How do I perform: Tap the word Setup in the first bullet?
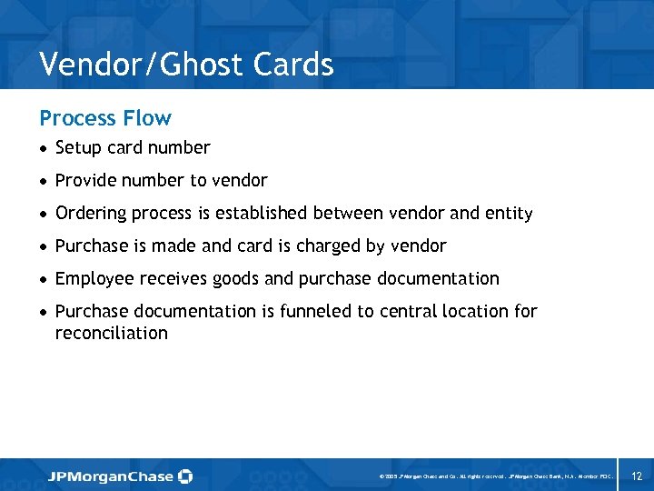(x=78, y=148)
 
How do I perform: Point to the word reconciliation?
(x=112, y=334)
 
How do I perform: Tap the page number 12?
(x=637, y=476)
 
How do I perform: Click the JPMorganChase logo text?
(x=111, y=476)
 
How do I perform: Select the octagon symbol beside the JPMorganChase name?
(x=185, y=476)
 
